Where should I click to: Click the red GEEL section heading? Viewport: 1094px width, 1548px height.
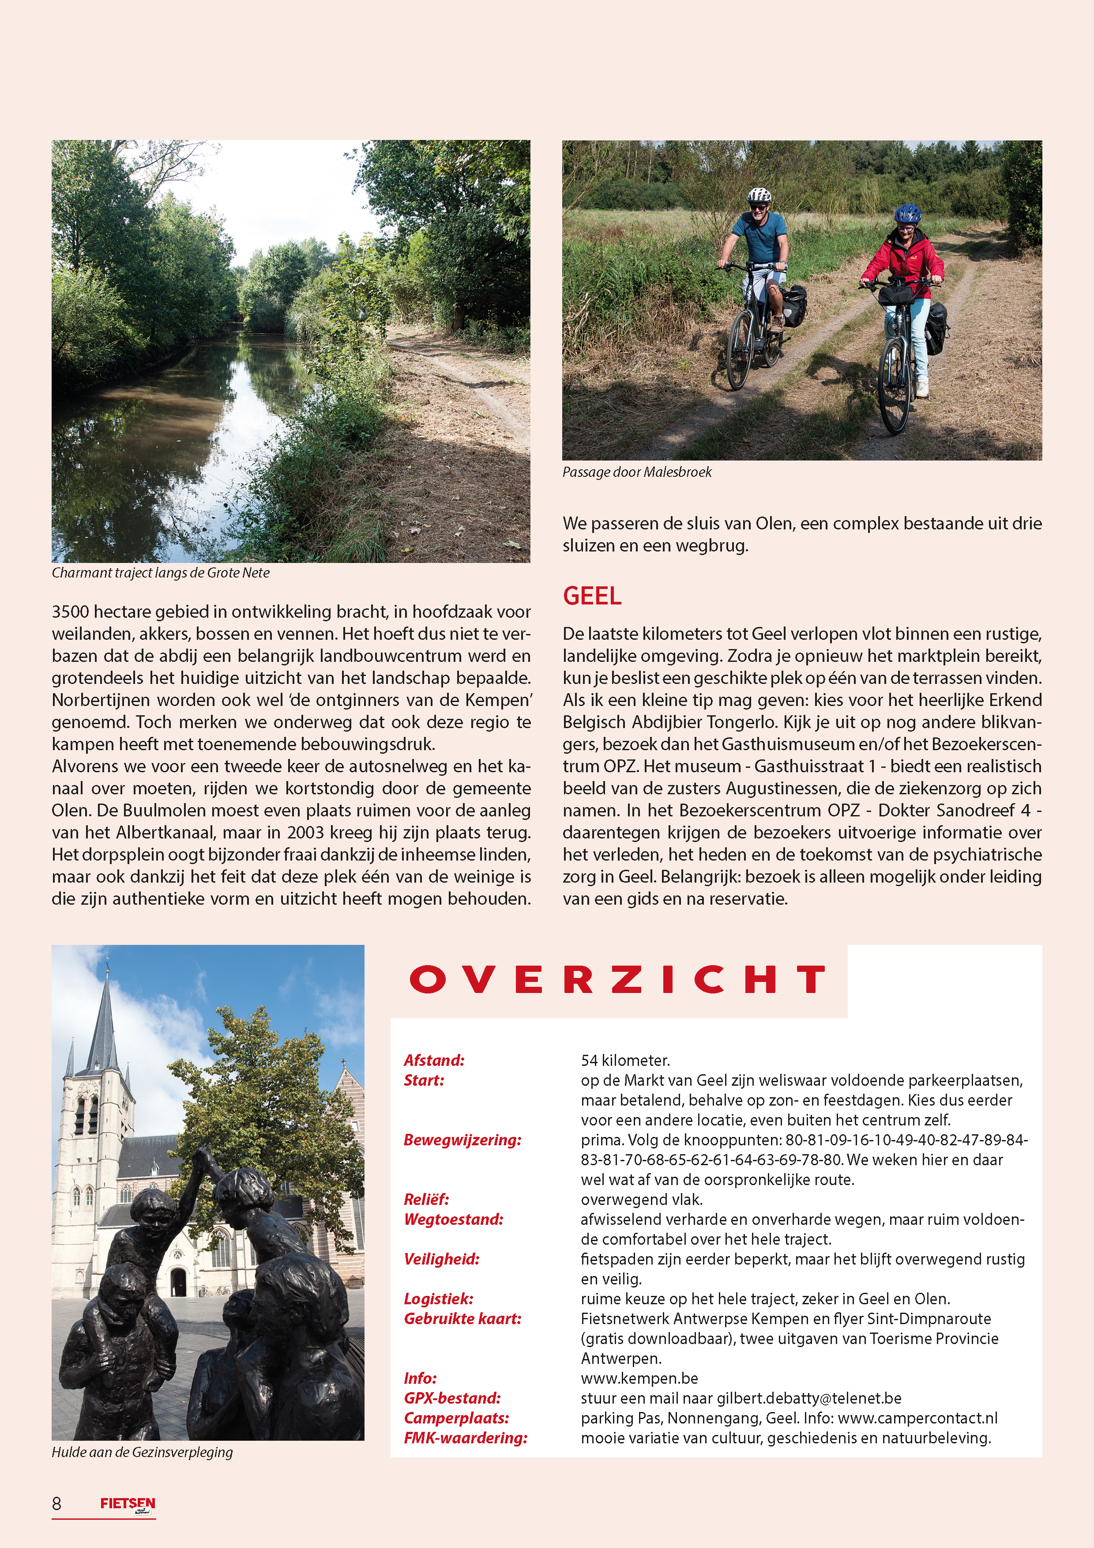pos(592,596)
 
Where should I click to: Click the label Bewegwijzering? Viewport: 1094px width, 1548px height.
pos(462,1140)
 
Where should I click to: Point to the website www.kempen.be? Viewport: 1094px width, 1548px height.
pos(639,1378)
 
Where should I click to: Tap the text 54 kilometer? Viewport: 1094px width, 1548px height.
pos(625,1060)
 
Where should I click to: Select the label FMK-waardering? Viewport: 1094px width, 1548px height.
pos(465,1438)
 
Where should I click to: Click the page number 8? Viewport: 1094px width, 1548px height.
pos(56,1503)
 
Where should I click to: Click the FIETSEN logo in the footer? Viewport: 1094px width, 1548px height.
pos(128,1503)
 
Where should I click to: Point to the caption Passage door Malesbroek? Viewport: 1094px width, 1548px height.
pos(637,472)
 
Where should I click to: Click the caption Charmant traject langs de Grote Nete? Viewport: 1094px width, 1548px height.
pos(161,572)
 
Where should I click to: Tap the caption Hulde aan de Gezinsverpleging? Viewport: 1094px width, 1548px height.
pos(142,1452)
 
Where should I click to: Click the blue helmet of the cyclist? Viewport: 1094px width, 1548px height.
pos(907,214)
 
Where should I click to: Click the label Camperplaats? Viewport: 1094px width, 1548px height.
pos(456,1418)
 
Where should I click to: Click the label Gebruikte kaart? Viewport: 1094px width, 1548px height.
pos(462,1319)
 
